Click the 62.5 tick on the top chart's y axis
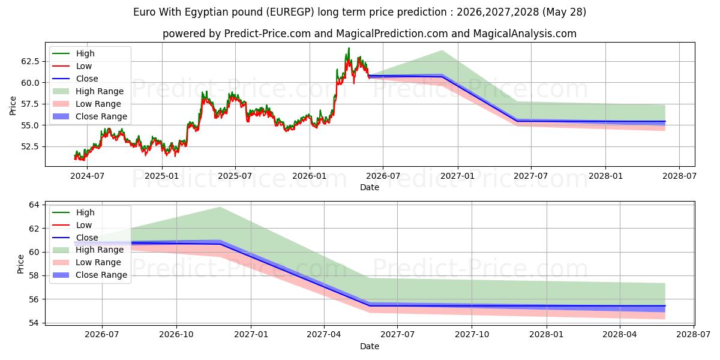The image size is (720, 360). pos(30,61)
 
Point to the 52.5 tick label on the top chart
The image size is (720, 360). pos(30,146)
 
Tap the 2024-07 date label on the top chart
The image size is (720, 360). pos(87,176)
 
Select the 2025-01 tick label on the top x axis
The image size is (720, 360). pos(161,176)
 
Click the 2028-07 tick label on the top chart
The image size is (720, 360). pos(679,176)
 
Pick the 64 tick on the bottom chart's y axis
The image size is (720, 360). pos(34,205)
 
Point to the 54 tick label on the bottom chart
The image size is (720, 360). pos(34,323)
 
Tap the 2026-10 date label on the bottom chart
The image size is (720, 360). pos(176,335)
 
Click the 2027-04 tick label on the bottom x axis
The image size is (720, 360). pos(324,335)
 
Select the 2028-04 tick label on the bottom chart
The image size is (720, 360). pos(620,335)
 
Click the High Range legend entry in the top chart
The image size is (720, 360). pos(88,91)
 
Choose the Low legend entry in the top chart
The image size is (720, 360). pos(72,66)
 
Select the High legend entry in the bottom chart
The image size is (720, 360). pos(73,212)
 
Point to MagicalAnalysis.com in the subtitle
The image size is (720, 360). pos(524,34)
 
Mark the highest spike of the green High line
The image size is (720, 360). pos(349,48)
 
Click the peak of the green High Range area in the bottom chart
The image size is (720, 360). pos(220,208)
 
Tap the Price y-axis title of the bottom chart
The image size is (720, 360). pos(20,264)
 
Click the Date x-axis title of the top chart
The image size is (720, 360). pos(370,187)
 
